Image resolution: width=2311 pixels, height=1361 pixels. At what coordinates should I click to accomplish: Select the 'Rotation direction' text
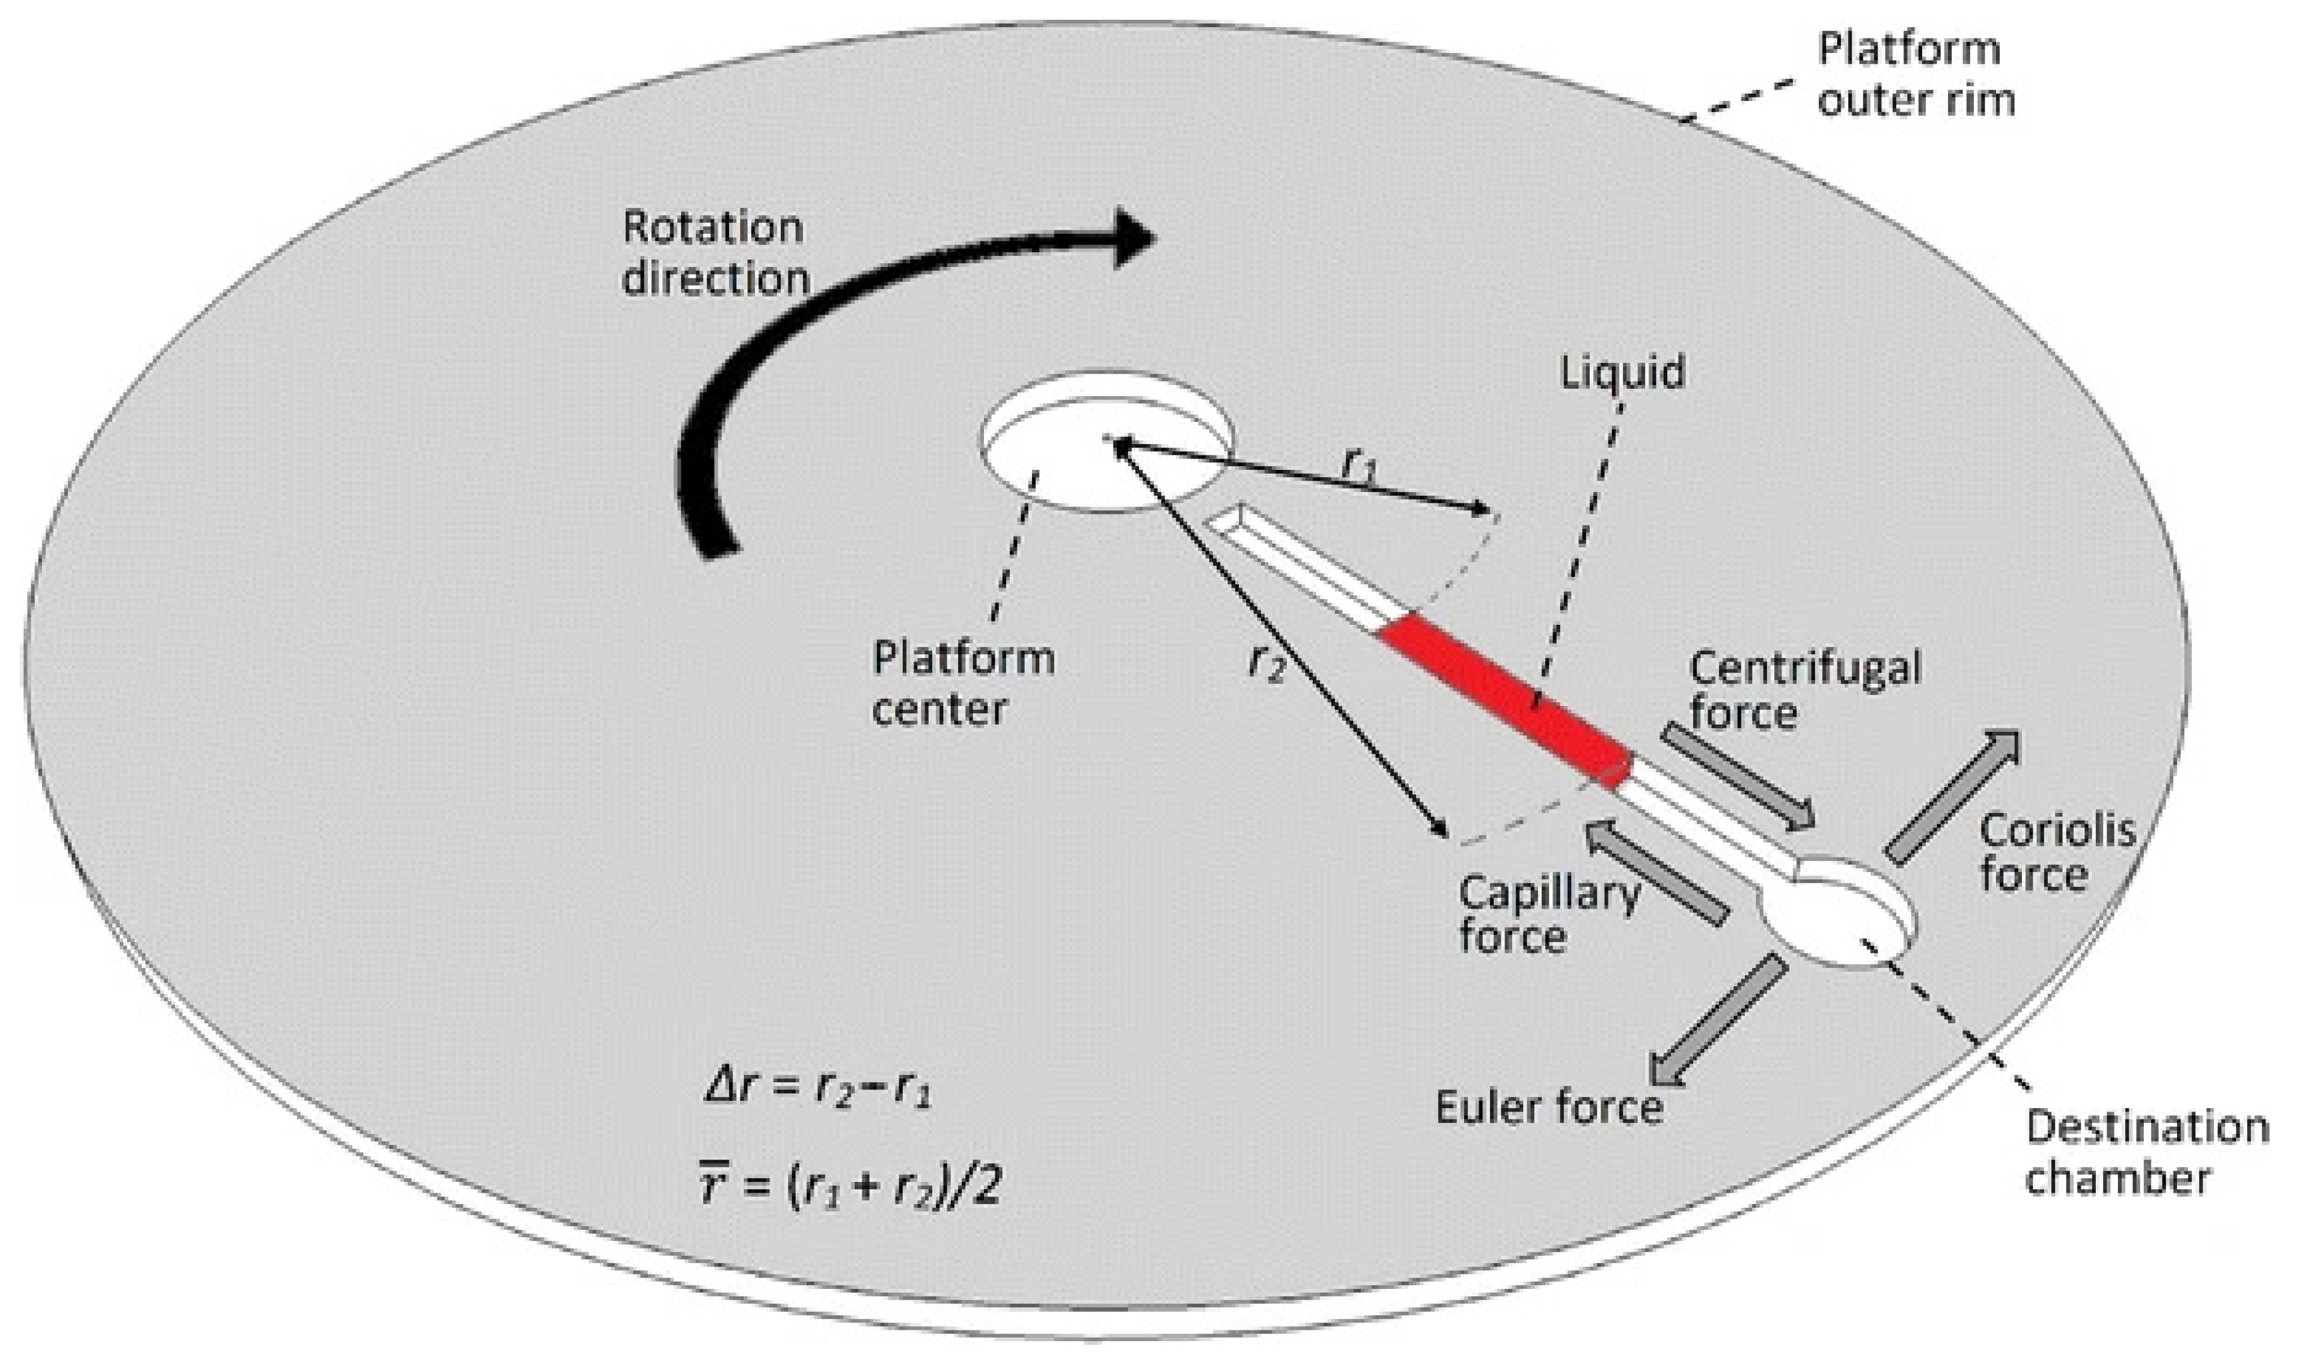click(x=715, y=252)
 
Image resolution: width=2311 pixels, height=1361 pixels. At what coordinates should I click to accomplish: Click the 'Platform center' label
click(x=963, y=683)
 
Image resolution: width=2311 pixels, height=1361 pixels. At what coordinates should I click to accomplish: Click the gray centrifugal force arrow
click(x=1738, y=776)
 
